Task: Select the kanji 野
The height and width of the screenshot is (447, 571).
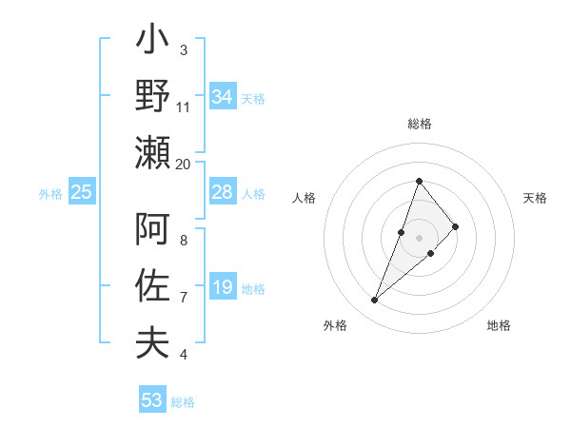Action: [153, 96]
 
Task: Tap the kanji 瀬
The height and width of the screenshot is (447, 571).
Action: [153, 152]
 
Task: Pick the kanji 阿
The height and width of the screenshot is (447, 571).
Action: [153, 229]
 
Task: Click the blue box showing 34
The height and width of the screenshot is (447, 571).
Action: [223, 97]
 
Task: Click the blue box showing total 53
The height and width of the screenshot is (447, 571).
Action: [152, 400]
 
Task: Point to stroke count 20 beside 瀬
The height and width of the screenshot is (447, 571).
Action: [184, 164]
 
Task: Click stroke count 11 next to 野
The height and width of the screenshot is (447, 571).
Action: [184, 107]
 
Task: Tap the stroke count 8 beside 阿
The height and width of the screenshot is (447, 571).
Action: [184, 241]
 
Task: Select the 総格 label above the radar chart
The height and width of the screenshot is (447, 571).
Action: [419, 125]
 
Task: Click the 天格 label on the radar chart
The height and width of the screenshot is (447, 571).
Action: [535, 198]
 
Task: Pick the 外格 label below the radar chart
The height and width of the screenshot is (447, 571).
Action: [335, 325]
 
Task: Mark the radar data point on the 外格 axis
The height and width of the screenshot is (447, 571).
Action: [375, 301]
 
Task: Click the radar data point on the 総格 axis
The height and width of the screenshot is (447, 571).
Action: [419, 181]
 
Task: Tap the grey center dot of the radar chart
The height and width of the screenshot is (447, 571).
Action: [419, 237]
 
